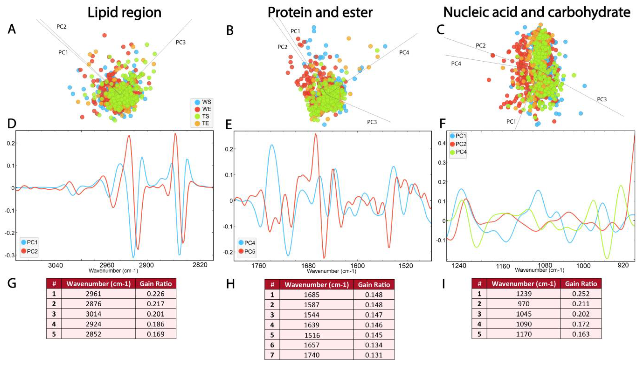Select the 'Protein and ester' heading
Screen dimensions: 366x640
tap(320, 12)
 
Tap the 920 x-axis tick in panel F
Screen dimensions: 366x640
tap(623, 265)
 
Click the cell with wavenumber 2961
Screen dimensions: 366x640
tap(93, 294)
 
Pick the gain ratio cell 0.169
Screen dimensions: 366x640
tap(156, 334)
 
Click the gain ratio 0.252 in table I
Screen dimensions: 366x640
tap(581, 294)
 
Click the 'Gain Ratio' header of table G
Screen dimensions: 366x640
tap(156, 284)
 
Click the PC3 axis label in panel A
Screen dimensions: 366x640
tap(181, 42)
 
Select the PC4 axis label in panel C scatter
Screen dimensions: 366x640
tap(456, 64)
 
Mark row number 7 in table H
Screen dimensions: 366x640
tap(272, 355)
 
